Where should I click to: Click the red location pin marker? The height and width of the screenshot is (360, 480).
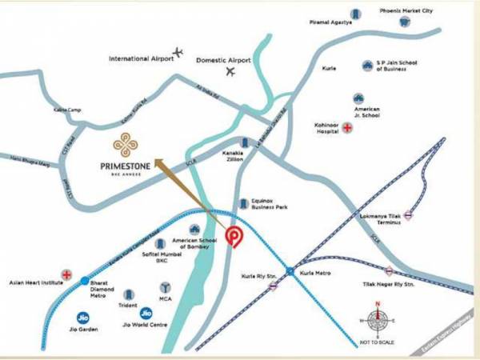[x=234, y=236]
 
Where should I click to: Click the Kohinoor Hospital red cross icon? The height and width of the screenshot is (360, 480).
[x=347, y=128]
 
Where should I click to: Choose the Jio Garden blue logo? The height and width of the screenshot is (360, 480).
[x=82, y=317]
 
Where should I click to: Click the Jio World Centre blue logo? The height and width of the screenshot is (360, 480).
[x=146, y=314]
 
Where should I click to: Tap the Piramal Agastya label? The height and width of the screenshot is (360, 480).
[x=332, y=22]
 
